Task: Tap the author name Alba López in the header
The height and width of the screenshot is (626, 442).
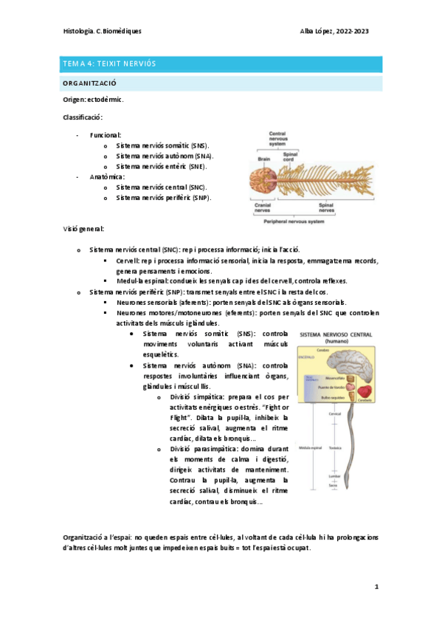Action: [x=317, y=32]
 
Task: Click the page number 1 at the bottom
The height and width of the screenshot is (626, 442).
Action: [x=376, y=587]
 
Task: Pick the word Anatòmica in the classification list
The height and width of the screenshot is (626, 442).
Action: [x=107, y=177]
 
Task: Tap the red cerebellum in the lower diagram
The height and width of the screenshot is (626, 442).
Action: [x=362, y=391]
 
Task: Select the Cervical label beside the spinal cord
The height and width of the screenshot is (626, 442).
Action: [x=355, y=413]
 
